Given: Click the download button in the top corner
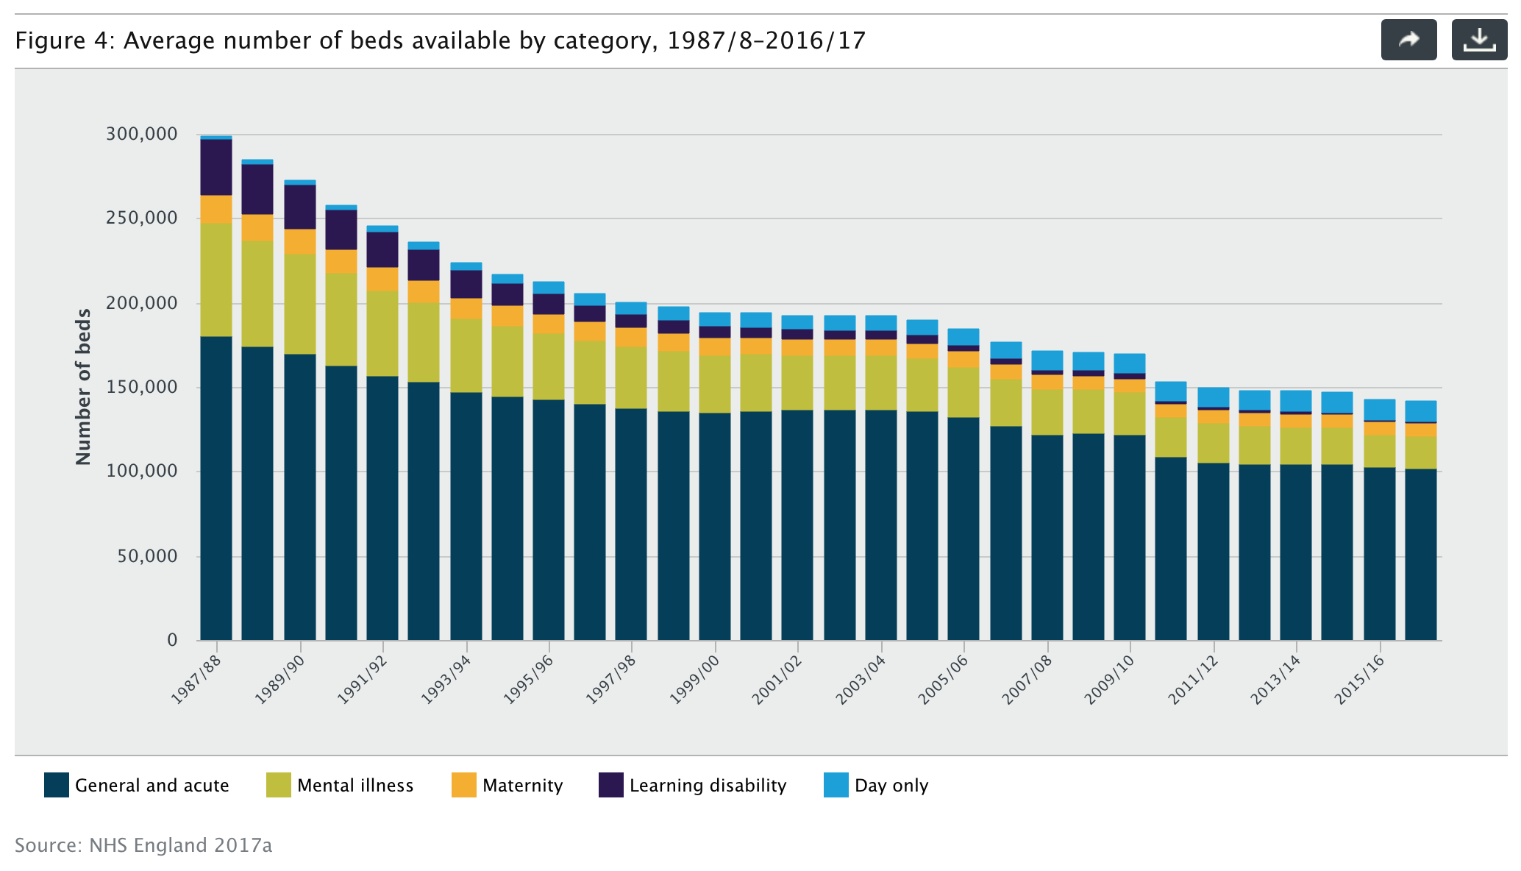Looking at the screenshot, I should pyautogui.click(x=1478, y=40).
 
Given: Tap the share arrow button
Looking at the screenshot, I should pyautogui.click(x=1408, y=40).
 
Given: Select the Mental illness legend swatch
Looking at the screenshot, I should pyautogui.click(x=279, y=785).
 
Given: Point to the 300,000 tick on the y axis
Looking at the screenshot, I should pyautogui.click(x=142, y=134).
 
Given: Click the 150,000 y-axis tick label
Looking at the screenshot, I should pyautogui.click(x=142, y=387).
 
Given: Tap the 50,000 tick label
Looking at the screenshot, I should pyautogui.click(x=147, y=556).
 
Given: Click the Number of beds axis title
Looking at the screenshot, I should pyautogui.click(x=83, y=387).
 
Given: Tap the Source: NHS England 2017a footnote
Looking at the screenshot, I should pyautogui.click(x=143, y=845).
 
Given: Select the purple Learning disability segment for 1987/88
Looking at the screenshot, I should pyautogui.click(x=216, y=167).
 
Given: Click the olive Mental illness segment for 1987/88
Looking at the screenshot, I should pyautogui.click(x=216, y=280).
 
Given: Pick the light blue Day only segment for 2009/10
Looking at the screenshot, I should pyautogui.click(x=1130, y=363).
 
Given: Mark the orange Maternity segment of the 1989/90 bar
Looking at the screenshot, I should pyautogui.click(x=300, y=241).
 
